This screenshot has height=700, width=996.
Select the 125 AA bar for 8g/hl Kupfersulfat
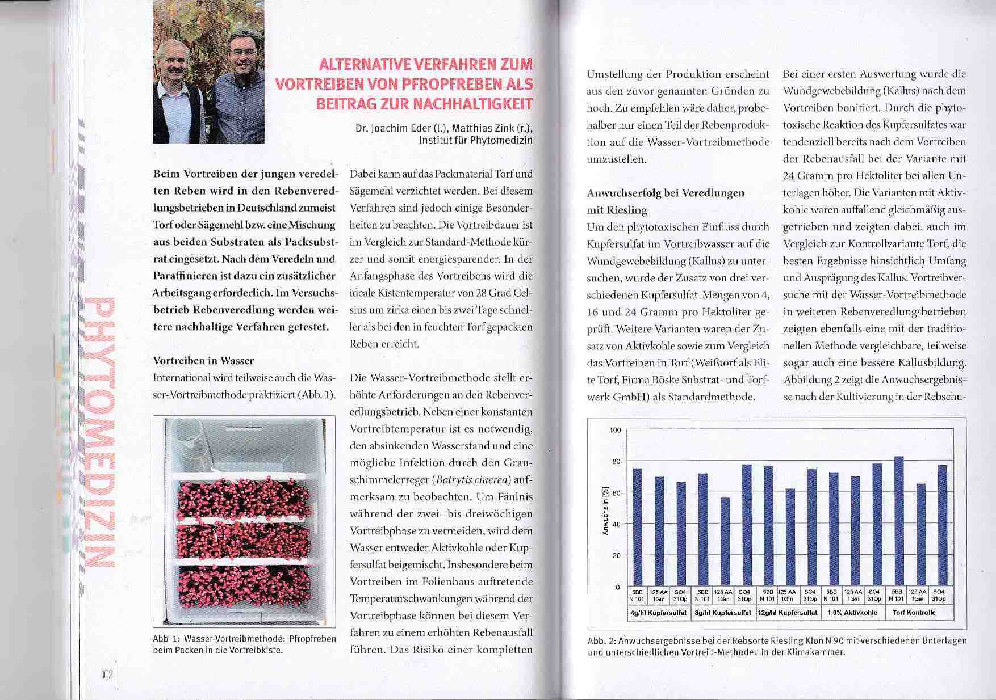725,541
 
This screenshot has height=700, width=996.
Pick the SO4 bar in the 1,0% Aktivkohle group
877,524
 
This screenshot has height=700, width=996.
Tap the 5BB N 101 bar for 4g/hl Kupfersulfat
637,527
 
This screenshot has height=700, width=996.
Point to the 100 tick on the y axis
616,430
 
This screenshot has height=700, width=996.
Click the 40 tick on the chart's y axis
616,524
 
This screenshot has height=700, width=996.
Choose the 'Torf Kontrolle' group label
914,613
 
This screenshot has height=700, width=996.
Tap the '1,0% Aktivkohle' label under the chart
852,613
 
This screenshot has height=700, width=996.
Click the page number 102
108,674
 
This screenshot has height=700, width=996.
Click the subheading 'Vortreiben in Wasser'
203,361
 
